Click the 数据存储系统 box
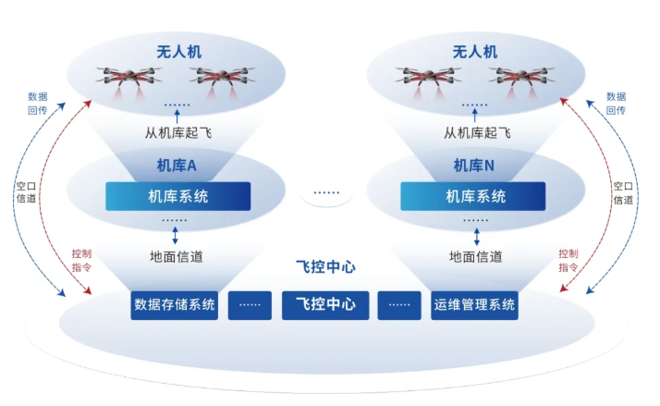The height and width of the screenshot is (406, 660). (x=175, y=304)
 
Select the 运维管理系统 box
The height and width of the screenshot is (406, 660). (x=474, y=304)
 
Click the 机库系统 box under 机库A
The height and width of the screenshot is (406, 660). (x=177, y=196)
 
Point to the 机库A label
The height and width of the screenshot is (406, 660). (x=177, y=166)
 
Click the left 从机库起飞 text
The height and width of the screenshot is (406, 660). (x=177, y=132)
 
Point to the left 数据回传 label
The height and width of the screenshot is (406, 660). (x=38, y=103)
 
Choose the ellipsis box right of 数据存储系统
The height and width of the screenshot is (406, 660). (x=250, y=304)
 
